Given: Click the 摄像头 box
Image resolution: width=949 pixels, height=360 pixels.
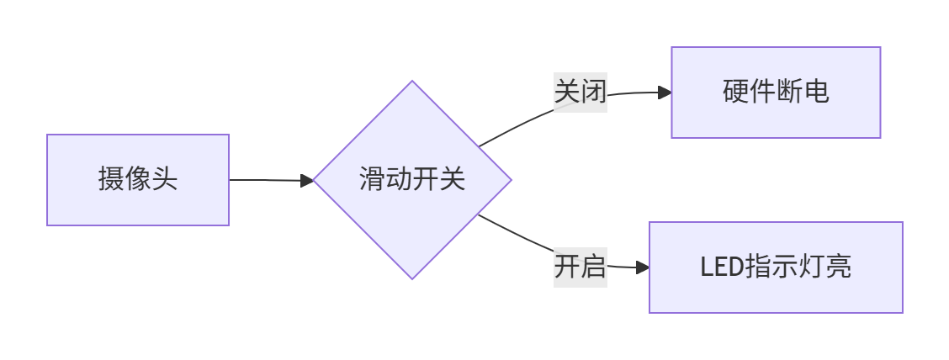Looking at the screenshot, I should (x=138, y=180).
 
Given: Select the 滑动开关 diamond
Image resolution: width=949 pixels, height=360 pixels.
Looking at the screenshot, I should (x=412, y=180).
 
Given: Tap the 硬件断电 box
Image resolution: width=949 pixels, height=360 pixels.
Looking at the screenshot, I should (x=776, y=93).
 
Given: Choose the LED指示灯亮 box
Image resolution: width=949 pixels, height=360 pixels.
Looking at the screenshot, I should (x=776, y=267).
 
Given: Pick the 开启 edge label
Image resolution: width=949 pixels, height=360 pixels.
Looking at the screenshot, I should (x=581, y=267).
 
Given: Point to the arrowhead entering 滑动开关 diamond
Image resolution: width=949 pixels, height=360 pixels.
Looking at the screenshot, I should (x=307, y=180).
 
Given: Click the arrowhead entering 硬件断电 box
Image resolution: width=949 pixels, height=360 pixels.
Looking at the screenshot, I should (x=665, y=93).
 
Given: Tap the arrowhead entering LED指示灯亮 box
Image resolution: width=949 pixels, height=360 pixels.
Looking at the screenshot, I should (x=643, y=267).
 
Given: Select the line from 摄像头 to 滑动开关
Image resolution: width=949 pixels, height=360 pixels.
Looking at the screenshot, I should (x=265, y=180).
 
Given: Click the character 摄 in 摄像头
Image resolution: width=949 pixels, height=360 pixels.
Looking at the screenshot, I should (x=111, y=180).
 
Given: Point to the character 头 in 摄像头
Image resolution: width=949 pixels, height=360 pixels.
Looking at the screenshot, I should (x=165, y=180).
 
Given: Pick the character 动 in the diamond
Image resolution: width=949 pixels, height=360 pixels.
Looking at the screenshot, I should (x=399, y=180).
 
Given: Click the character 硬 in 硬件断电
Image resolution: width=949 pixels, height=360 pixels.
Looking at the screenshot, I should (x=736, y=93).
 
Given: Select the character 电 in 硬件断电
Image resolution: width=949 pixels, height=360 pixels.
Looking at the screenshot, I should (x=816, y=93).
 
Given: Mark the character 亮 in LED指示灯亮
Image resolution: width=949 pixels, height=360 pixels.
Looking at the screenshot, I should (x=838, y=267).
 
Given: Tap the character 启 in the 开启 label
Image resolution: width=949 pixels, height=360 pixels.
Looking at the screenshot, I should (x=594, y=267).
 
